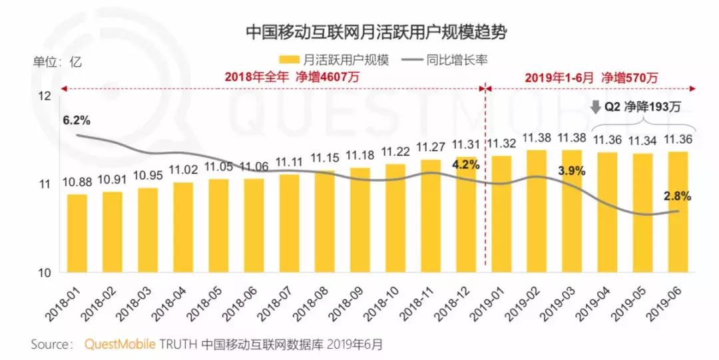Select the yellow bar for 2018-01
(x=77, y=233)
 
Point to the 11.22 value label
(x=395, y=152)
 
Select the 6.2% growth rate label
(x=77, y=121)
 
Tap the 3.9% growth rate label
(x=571, y=171)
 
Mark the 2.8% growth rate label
(x=677, y=196)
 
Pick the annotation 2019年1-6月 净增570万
(x=591, y=77)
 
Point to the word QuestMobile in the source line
(x=120, y=345)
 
